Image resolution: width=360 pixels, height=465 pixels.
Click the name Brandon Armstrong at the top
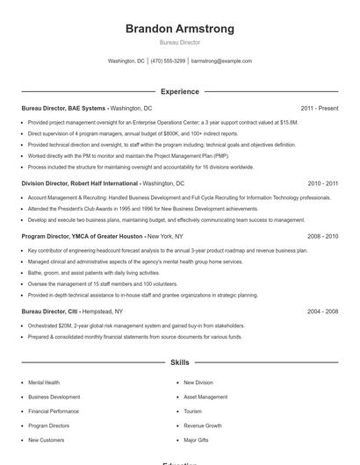point(180,29)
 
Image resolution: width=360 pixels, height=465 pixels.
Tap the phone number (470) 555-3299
point(168,61)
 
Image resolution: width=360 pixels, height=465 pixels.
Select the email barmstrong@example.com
point(221,61)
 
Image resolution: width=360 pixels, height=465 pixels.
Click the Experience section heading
point(180,91)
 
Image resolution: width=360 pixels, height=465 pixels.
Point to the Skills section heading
point(180,361)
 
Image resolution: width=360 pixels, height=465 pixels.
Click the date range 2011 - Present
point(319,108)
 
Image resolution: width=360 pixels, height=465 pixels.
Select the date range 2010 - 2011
point(322,183)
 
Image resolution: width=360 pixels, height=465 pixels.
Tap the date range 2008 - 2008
point(322,236)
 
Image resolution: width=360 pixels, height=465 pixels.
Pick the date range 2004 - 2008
point(322,311)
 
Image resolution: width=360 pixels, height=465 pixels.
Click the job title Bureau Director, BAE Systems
point(63,108)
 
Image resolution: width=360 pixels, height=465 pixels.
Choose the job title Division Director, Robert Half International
point(79,183)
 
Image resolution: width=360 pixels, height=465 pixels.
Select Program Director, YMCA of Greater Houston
point(83,236)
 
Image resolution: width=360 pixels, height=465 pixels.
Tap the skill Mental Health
point(44,383)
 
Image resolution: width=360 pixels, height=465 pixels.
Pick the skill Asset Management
point(205,397)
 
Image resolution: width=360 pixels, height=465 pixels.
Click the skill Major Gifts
point(197,440)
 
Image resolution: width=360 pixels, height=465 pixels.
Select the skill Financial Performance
point(53,411)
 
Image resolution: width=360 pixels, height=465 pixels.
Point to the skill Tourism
point(192,411)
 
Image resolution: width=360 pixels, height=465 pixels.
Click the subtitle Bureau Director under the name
point(180,42)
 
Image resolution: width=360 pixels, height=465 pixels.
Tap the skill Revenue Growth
point(202,426)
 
